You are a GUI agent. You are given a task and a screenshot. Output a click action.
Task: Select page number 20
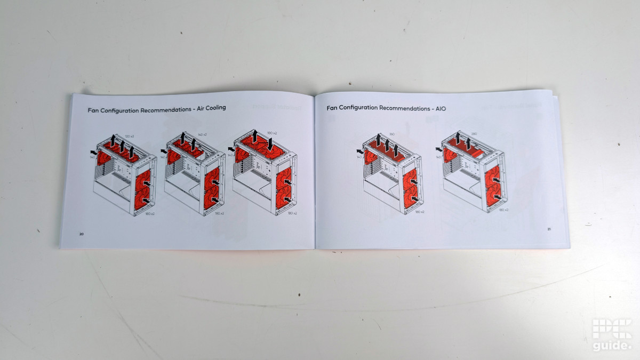point(82,234)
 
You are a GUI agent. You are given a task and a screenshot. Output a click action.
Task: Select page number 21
point(549,229)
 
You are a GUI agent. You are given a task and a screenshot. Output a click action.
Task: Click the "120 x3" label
point(129,137)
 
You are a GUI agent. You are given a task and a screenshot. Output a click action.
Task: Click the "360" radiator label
point(391,134)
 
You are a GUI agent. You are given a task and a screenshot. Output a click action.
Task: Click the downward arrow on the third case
point(270,143)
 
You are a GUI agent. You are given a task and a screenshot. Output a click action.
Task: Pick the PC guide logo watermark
point(612,335)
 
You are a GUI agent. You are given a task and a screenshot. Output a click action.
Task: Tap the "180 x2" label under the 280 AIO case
point(502,210)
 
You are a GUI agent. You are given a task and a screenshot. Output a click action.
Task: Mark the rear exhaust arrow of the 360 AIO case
point(360,151)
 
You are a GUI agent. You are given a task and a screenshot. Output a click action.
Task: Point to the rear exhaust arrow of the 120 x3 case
point(94,152)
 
